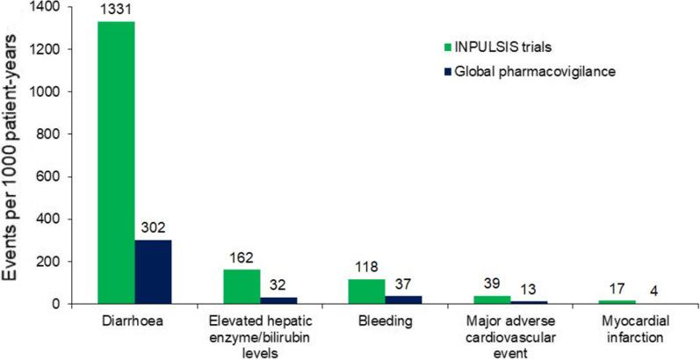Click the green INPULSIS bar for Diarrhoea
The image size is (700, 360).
coord(116,162)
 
